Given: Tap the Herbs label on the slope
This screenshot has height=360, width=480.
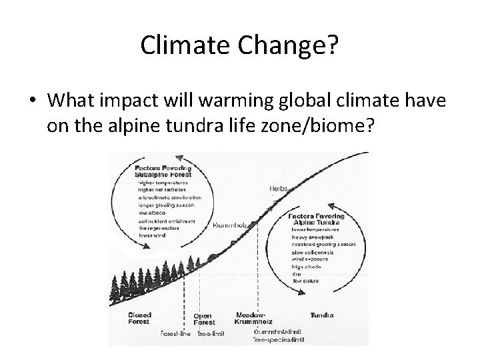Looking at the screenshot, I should pyautogui.click(x=278, y=189).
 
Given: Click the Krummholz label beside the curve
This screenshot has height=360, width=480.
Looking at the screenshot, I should pyautogui.click(x=228, y=225).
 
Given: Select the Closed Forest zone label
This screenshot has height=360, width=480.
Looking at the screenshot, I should pyautogui.click(x=141, y=318).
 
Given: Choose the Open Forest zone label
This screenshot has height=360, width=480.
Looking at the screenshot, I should pyautogui.click(x=203, y=319).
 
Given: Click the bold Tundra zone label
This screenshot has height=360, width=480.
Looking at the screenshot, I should pyautogui.click(x=322, y=315).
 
